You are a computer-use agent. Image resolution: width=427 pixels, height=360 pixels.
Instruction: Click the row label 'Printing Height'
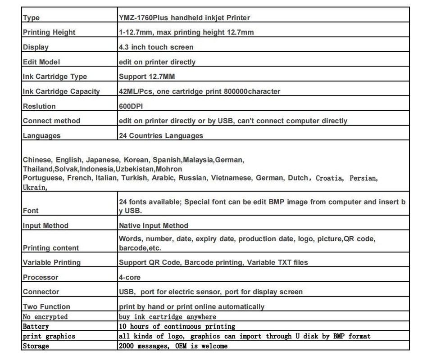pyautogui.click(x=49, y=32)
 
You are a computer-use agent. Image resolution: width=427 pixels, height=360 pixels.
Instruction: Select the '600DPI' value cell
pyautogui.click(x=132, y=106)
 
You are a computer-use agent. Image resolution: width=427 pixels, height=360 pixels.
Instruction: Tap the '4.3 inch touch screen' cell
pyautogui.click(x=156, y=47)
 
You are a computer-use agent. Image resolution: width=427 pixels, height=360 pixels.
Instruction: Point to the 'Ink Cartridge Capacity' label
pyautogui.click(x=61, y=91)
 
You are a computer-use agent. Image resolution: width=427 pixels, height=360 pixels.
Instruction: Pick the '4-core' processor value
pyautogui.click(x=130, y=277)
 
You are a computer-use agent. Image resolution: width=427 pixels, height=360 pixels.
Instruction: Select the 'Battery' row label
pyautogui.click(x=36, y=326)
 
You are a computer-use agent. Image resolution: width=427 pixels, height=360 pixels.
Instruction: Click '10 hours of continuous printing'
pyautogui.click(x=177, y=326)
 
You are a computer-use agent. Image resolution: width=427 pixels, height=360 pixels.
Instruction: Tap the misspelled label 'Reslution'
pyautogui.click(x=39, y=106)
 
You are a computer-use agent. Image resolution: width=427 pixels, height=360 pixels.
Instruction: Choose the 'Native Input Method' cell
pyautogui.click(x=154, y=225)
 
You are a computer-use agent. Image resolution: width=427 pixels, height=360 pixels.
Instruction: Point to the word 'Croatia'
pyautogui.click(x=329, y=178)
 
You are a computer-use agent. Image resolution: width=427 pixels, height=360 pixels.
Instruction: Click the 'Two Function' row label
pyautogui.click(x=46, y=307)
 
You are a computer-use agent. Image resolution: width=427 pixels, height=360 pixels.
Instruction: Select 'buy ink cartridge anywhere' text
pyautogui.click(x=167, y=317)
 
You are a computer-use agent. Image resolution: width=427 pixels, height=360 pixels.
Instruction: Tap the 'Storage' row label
pyautogui.click(x=36, y=346)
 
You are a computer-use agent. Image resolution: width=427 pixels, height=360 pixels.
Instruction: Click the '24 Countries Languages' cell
pyautogui.click(x=161, y=135)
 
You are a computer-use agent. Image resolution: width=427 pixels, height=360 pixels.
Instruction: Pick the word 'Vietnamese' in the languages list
pyautogui.click(x=231, y=178)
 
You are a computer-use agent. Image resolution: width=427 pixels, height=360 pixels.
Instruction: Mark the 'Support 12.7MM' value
pyautogui.click(x=147, y=76)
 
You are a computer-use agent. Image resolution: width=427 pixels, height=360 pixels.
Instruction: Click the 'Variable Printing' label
pyautogui.click(x=51, y=262)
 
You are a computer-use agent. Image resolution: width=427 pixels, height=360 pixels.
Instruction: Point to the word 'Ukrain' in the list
pyautogui.click(x=34, y=187)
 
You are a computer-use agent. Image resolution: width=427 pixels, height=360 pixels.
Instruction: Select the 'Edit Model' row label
pyautogui.click(x=41, y=62)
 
